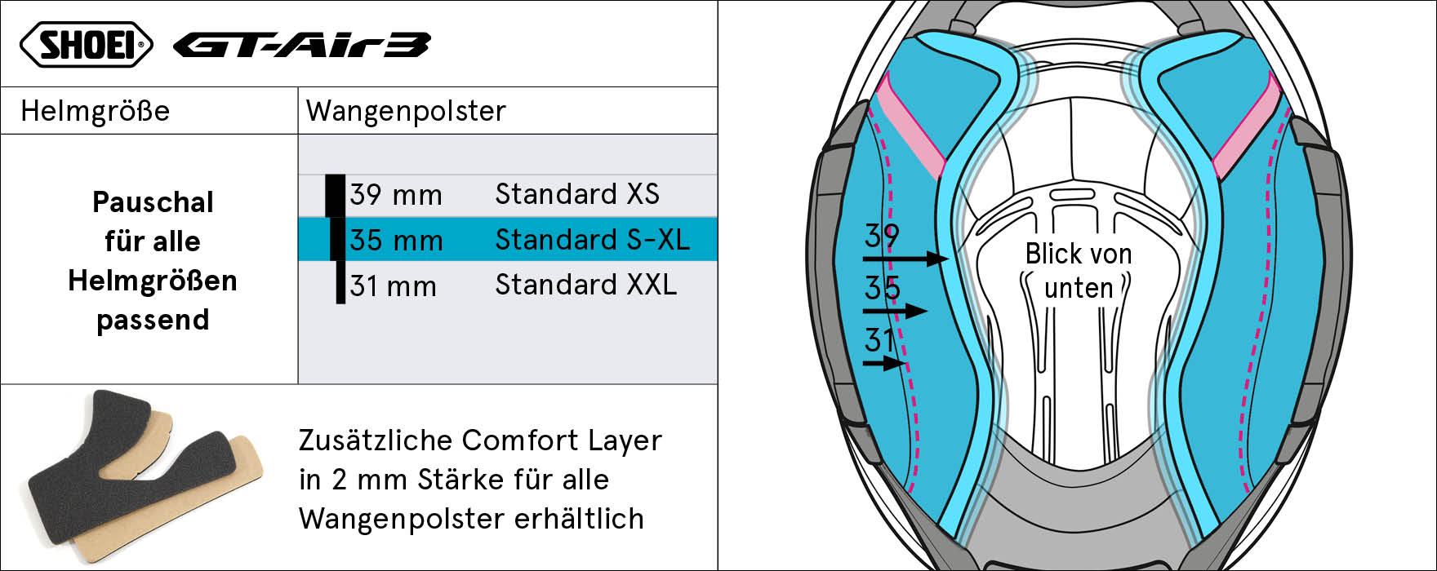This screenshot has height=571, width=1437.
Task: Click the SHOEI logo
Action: pyautogui.click(x=86, y=44)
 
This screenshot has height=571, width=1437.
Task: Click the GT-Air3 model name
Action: pyautogui.click(x=301, y=46)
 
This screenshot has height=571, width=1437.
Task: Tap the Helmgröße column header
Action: pyautogui.click(x=96, y=111)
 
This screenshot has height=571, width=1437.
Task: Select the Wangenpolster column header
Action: pyautogui.click(x=406, y=112)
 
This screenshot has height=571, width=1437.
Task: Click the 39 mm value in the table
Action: pyautogui.click(x=396, y=195)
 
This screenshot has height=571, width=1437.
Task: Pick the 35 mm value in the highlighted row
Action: pyautogui.click(x=396, y=241)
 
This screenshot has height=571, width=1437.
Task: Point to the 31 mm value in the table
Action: pyautogui.click(x=394, y=286)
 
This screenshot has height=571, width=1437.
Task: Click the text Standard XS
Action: pyautogui.click(x=577, y=194)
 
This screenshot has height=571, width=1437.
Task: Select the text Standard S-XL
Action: pyautogui.click(x=593, y=240)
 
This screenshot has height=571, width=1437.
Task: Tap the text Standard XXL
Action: pyautogui.click(x=586, y=285)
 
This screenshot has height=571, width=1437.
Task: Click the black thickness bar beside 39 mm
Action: pyautogui.click(x=335, y=196)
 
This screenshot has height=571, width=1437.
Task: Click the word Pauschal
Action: pyautogui.click(x=153, y=202)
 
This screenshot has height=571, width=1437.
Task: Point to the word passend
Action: pyautogui.click(x=153, y=321)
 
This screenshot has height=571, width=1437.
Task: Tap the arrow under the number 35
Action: pyautogui.click(x=896, y=311)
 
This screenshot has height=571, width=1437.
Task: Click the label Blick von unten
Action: pyautogui.click(x=1078, y=271)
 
